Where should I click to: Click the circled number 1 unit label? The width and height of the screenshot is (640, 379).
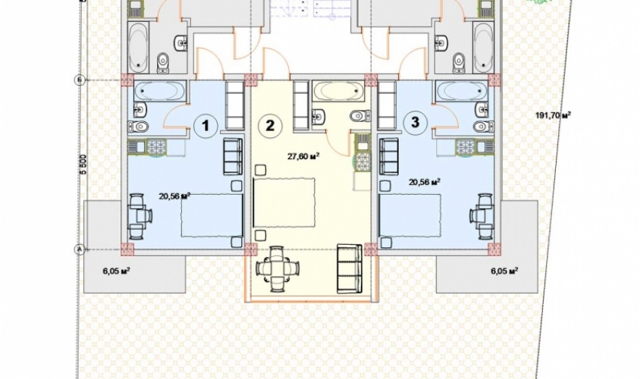click(205, 125)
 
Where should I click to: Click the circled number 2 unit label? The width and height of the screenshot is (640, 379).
click(270, 125)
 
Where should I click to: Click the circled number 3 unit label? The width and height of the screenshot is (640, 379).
click(415, 122)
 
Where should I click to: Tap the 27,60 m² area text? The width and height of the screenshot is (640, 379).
click(303, 156)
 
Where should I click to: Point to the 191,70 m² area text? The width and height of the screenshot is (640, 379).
click(553, 115)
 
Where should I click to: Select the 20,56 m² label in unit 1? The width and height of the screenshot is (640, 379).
click(175, 196)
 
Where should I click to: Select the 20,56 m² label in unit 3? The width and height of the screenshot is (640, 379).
click(425, 182)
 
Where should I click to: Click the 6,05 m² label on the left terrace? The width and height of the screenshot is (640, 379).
click(116, 270)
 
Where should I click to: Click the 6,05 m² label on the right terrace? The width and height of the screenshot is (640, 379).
click(504, 270)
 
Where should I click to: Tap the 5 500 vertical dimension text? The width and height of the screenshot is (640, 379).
click(83, 164)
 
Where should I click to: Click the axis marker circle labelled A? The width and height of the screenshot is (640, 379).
click(79, 249)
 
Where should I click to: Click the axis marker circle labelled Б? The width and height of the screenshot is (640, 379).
click(80, 80)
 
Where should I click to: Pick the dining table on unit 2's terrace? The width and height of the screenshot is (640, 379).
click(277, 268)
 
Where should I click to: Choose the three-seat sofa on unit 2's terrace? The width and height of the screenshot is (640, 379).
click(350, 268)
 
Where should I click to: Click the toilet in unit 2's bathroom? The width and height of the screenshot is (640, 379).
click(360, 116)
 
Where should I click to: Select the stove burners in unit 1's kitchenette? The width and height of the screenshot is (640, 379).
click(155, 146)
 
